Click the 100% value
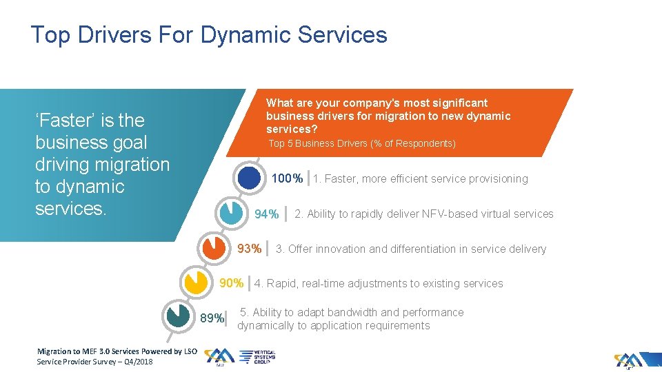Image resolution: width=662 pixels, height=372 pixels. [287, 179]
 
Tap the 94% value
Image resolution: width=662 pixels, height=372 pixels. [267, 214]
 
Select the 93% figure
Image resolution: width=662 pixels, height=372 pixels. [249, 249]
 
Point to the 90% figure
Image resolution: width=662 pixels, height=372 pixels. [231, 283]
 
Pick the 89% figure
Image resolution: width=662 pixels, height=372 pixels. [212, 318]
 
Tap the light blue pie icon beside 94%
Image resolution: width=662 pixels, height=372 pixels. [230, 213]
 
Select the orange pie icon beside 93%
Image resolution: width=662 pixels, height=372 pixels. [213, 247]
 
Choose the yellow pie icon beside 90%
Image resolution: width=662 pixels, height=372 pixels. [196, 282]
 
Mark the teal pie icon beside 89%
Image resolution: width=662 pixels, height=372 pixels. [179, 316]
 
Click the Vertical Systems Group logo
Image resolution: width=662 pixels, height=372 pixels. [257, 356]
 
